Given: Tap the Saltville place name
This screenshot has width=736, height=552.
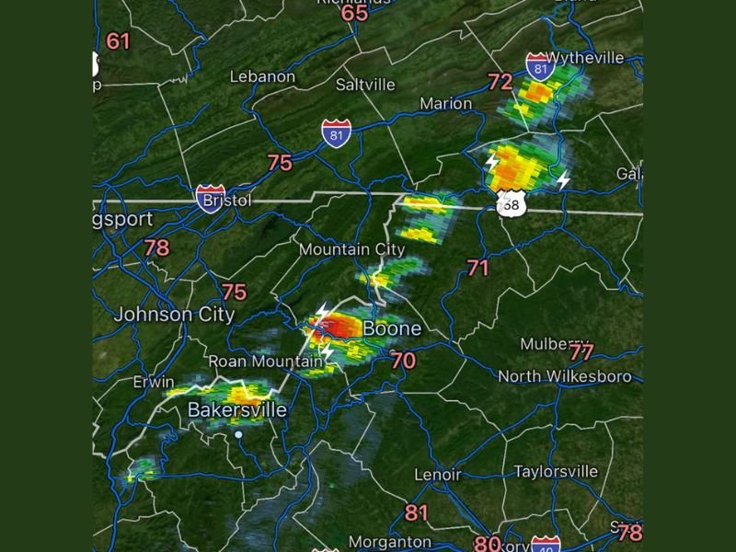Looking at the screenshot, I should pyautogui.click(x=365, y=85).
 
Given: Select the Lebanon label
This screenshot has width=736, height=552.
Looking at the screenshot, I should pyautogui.click(x=261, y=76).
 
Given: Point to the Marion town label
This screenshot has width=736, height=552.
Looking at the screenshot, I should pyautogui.click(x=446, y=104).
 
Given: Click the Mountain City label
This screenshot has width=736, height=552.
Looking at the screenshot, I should pyautogui.click(x=351, y=249).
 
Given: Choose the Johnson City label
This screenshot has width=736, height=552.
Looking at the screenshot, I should pyautogui.click(x=174, y=315).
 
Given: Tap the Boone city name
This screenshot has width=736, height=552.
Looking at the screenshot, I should pyautogui.click(x=392, y=328).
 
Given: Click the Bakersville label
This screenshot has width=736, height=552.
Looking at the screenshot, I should pyautogui.click(x=237, y=410).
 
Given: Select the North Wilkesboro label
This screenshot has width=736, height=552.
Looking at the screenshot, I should pyautogui.click(x=564, y=376).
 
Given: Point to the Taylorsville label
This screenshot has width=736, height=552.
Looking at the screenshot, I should pyautogui.click(x=556, y=472).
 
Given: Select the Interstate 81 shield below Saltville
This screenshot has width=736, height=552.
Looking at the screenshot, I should pyautogui.click(x=336, y=134).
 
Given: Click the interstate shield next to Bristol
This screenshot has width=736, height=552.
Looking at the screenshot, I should pyautogui.click(x=211, y=198).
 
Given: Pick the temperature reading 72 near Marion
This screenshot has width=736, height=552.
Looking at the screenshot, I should pyautogui.click(x=500, y=83).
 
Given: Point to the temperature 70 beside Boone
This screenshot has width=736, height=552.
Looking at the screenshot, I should pyautogui.click(x=403, y=361).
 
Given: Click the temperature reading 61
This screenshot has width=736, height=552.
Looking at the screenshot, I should pyautogui.click(x=119, y=41).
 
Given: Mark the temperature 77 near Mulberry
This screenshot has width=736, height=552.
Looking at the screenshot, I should pyautogui.click(x=581, y=352).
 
